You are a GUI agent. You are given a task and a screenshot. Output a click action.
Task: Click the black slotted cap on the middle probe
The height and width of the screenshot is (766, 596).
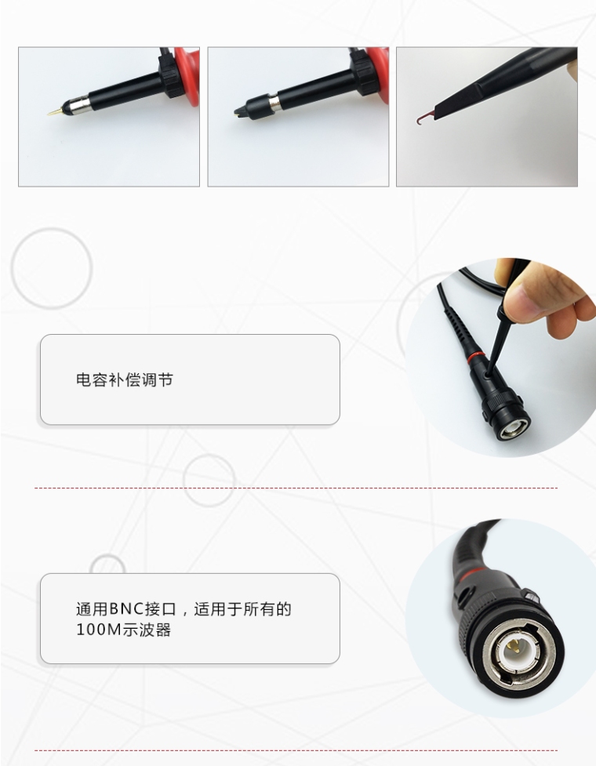click(x=252, y=107)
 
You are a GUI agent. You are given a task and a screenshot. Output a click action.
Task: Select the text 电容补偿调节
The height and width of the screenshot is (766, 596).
click(x=125, y=380)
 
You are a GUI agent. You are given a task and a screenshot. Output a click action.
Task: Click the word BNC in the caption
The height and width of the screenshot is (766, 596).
click(x=126, y=609)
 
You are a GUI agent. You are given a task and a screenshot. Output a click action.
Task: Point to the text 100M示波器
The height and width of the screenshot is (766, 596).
click(x=124, y=630)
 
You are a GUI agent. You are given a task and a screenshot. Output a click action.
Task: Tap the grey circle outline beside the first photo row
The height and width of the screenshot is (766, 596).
click(x=52, y=268)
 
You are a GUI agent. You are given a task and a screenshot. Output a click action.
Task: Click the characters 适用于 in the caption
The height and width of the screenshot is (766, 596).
click(x=218, y=609)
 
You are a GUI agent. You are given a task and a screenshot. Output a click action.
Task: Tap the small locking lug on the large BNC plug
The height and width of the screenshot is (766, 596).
click(x=531, y=597)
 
